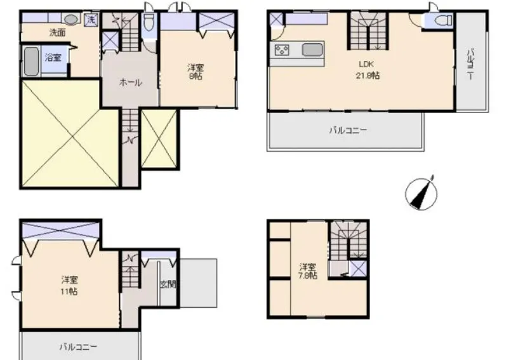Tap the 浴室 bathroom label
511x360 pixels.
point(53,58)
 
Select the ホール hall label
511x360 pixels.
point(130,83)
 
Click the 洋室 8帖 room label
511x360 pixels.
point(195,71)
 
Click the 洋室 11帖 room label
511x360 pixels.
point(69,284)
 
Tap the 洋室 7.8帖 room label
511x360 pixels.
point(308,272)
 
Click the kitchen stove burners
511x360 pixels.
point(281,50)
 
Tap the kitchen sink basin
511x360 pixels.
point(312,50)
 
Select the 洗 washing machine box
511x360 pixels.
point(91,19)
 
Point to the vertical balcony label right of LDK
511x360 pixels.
point(470,63)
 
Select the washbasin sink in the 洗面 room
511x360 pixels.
point(71,20)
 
